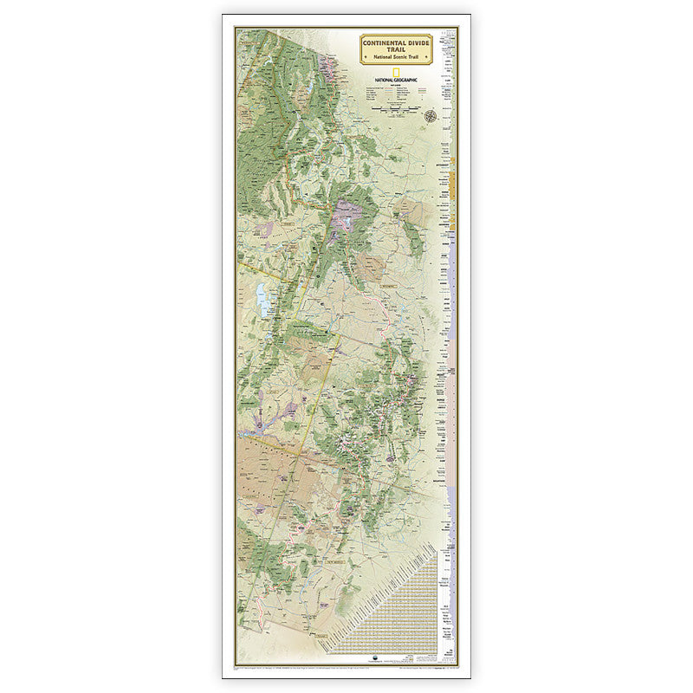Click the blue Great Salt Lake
coord(262,299)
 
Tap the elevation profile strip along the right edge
coord(450,346)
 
